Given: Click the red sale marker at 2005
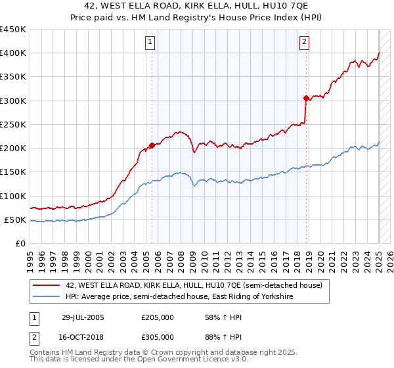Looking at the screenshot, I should pyautogui.click(x=152, y=145).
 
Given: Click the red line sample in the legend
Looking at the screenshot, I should pyautogui.click(x=47, y=286).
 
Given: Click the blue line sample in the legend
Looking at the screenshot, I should pyautogui.click(x=47, y=297).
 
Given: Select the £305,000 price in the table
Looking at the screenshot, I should pyautogui.click(x=158, y=336).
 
